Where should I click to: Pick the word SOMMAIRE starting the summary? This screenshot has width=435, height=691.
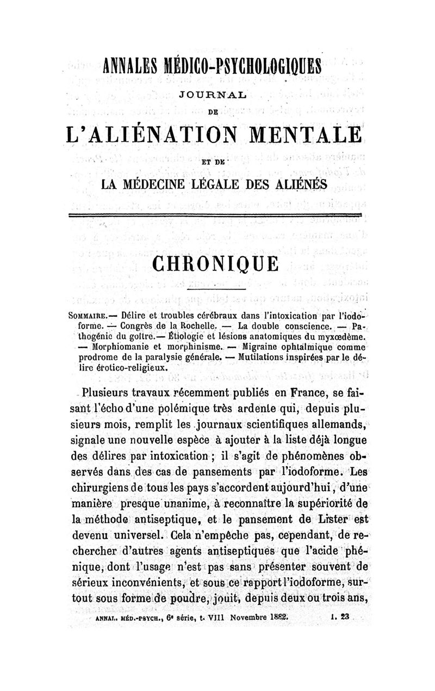pos(90,316)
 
